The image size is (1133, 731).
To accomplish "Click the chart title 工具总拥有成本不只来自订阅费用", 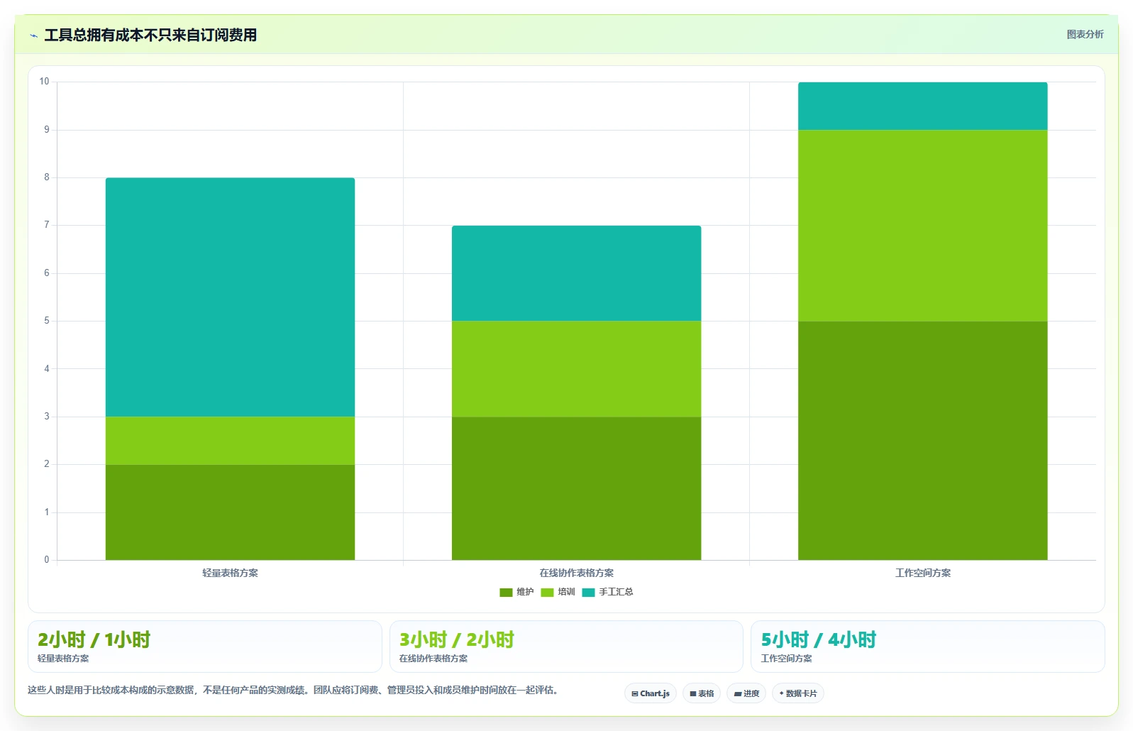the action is coord(150,35).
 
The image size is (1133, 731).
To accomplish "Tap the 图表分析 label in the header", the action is coord(1085,34).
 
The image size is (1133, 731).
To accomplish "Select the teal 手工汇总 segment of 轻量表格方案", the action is coord(230,297).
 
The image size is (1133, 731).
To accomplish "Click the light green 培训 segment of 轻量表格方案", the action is coord(230,441).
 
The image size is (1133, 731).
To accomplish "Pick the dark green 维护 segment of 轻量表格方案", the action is coord(230,512).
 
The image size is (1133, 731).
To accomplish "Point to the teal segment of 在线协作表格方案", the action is coord(576,273).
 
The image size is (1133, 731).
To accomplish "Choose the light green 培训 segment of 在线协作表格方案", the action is coord(576,369).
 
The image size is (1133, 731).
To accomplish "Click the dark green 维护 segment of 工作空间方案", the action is coord(922,441).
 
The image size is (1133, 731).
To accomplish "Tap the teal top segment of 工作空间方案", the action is coord(922,106).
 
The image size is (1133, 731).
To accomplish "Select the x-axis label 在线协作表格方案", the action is coord(576,573).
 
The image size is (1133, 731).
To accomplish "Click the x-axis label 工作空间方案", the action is coord(922,573).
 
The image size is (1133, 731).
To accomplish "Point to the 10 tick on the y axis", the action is coord(45,82).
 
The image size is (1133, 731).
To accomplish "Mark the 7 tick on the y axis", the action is coord(47,224).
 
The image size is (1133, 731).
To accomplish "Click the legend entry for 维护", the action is coord(516,592).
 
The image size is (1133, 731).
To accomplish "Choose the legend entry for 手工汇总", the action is coord(607,592).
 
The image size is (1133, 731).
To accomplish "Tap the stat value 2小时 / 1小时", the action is coord(94,639).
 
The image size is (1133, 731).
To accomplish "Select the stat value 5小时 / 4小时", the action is coord(819,639).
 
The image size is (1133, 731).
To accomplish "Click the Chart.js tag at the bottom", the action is coord(651,693).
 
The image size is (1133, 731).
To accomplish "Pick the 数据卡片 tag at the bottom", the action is coord(797,693).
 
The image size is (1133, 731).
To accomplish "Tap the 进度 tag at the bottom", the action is coord(746,693).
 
